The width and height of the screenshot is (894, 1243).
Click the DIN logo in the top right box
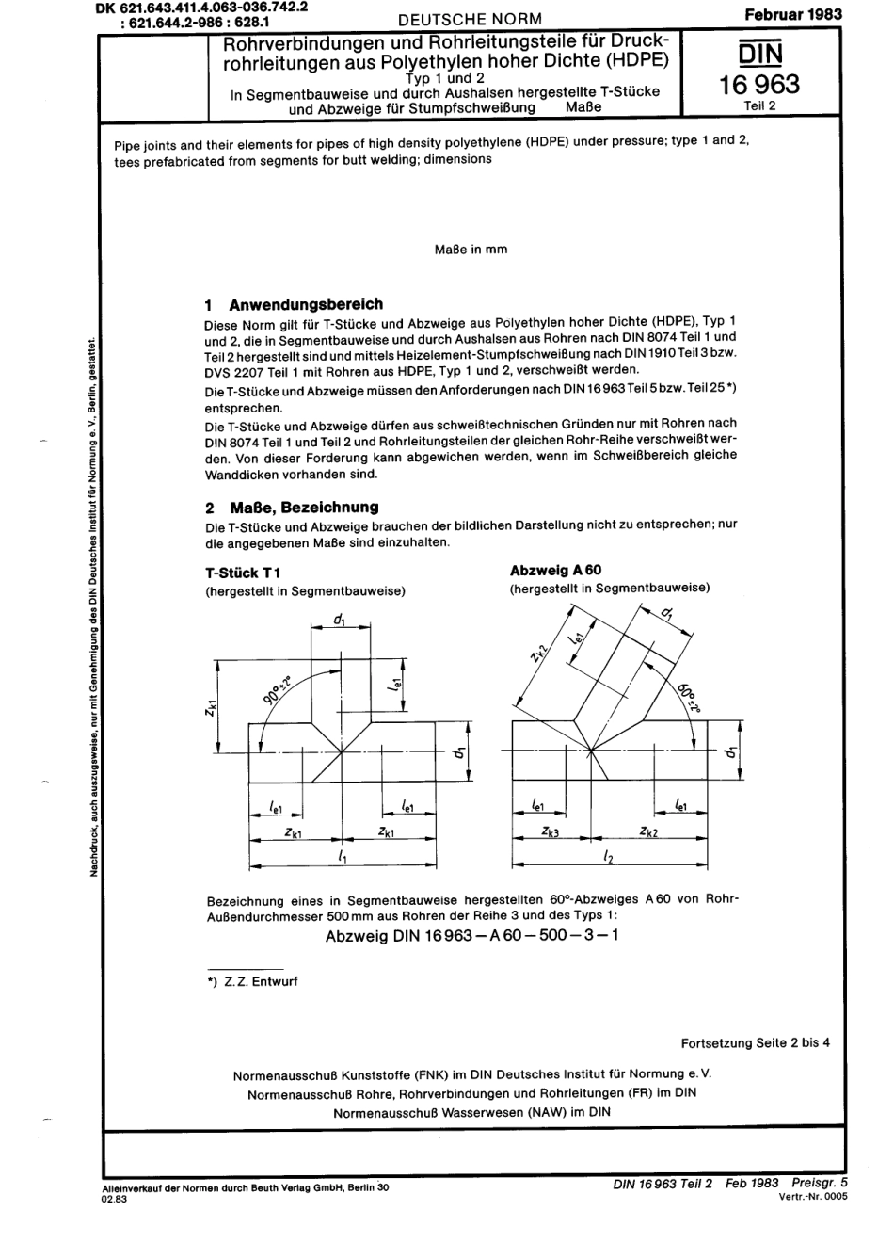758,52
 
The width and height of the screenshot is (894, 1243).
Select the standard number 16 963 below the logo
758,85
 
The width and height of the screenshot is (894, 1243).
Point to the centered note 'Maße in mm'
471,250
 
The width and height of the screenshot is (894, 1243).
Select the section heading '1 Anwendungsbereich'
294,304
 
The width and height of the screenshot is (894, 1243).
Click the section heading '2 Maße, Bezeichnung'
292,507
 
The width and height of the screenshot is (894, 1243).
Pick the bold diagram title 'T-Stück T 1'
243,573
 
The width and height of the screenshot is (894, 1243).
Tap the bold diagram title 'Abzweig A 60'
555,570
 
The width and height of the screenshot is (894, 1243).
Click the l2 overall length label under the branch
608,858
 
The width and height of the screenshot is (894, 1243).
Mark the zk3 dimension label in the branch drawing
551,832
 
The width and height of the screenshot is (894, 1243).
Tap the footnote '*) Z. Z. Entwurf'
251,980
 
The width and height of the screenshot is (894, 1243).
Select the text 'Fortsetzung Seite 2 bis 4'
755,1042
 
